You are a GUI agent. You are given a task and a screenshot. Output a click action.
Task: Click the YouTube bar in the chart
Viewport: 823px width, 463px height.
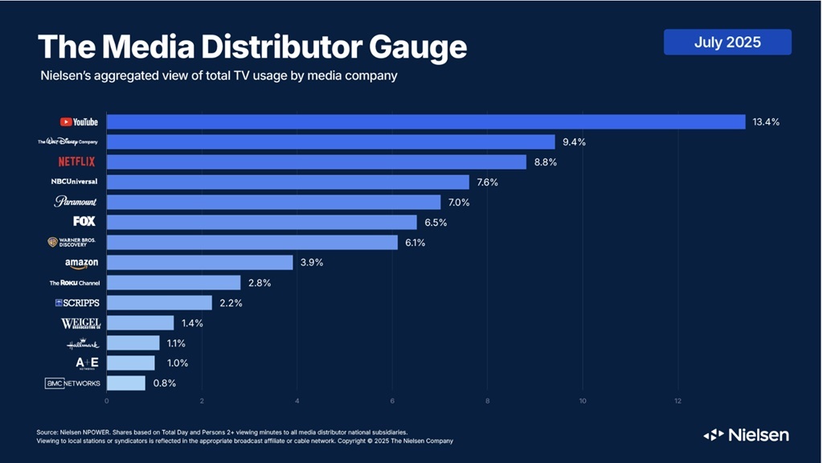(426, 121)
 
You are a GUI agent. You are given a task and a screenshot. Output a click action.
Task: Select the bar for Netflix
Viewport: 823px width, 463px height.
(317, 162)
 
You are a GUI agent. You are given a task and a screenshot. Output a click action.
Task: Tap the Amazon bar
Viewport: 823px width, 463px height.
(199, 262)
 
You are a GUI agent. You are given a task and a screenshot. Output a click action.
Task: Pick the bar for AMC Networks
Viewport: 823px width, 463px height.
(126, 383)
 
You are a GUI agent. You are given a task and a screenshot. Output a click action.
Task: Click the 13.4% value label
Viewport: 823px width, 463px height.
(766, 121)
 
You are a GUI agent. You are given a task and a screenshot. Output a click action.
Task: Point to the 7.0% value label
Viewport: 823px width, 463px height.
(460, 203)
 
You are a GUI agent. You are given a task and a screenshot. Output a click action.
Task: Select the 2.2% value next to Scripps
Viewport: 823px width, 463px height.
(231, 303)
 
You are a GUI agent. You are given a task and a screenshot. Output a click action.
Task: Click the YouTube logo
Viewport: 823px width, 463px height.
(79, 121)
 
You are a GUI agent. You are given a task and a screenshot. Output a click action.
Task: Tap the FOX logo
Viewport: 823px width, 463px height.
(84, 221)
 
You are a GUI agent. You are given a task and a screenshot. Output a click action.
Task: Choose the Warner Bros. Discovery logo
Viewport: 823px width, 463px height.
(73, 242)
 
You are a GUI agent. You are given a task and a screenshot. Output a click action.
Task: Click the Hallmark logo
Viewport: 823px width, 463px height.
(83, 344)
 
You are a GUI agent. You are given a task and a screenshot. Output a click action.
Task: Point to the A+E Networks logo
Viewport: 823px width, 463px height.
(86, 363)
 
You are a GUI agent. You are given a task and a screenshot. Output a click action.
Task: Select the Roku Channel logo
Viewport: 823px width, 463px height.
(75, 283)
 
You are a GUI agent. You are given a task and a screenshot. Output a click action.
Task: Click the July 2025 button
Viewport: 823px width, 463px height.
(727, 42)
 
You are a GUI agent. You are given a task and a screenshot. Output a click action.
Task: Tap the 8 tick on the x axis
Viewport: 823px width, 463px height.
(488, 400)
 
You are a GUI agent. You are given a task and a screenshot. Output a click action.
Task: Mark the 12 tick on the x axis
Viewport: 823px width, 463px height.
(678, 400)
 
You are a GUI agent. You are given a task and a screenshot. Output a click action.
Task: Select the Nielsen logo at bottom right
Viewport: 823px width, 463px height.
(746, 435)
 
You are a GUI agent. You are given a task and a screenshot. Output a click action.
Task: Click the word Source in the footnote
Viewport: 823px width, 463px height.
(49, 432)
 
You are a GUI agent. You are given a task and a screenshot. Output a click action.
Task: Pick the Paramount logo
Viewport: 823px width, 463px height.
(75, 202)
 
